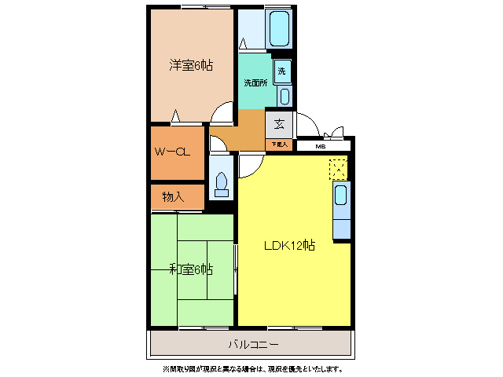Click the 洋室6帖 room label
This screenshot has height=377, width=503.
pos(191,65)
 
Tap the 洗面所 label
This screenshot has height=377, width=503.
pos(255,82)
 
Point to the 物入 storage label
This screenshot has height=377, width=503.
pos(173,196)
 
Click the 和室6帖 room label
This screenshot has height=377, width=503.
pos(191,269)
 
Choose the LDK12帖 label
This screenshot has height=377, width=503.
pos(289,245)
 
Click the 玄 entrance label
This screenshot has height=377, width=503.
pos(279,123)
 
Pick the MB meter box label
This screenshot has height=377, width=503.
pos(321,146)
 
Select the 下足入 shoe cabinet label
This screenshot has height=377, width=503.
pos(279,145)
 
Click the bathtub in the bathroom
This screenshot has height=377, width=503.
pos(280,29)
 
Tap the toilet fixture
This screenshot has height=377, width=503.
pos(221,182)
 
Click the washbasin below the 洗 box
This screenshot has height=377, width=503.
pos(284,96)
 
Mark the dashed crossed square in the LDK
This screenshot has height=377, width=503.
pos(337,168)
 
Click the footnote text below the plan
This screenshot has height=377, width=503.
pos(251,368)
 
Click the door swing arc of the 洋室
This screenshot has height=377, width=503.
pos(223,115)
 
